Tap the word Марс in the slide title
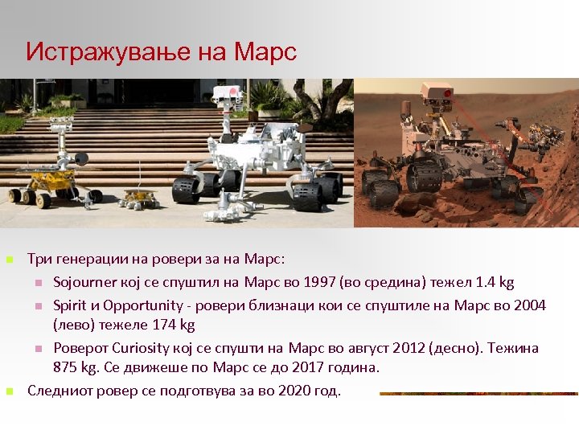265,52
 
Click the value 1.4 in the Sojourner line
486,282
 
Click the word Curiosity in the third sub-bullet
138,348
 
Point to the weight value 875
66,367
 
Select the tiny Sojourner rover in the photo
138,196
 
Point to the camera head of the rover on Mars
437,95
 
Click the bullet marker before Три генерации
9,260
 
